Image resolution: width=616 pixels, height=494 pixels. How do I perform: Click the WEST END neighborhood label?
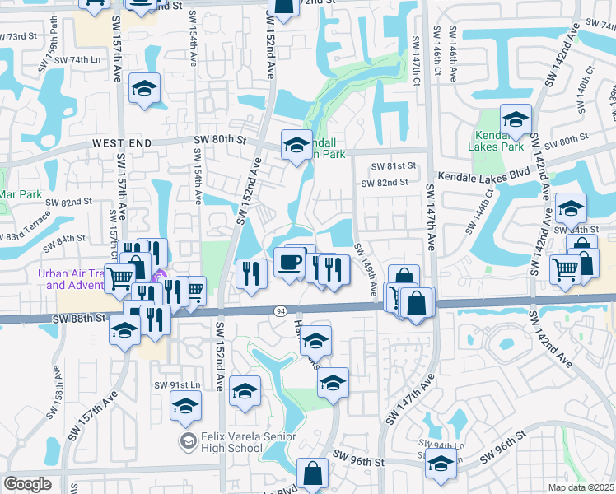121,142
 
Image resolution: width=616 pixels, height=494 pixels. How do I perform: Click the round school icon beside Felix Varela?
188,442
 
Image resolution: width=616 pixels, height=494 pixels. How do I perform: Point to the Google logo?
27,484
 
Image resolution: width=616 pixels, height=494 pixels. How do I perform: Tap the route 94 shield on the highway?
281,310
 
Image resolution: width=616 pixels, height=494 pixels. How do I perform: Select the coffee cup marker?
289,262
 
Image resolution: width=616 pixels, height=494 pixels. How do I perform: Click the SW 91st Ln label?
177,385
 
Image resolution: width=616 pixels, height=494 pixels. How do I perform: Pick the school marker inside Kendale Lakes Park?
516,120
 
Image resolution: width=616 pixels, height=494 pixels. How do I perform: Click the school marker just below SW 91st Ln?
185,406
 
